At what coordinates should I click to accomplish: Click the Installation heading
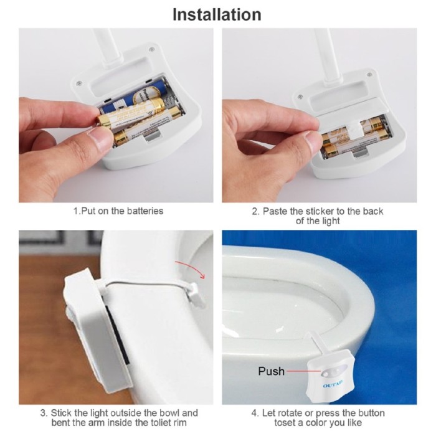click(217, 15)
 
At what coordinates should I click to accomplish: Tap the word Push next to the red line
click(271, 371)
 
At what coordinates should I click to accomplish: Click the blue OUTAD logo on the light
click(333, 384)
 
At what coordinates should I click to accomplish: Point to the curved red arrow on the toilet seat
click(190, 268)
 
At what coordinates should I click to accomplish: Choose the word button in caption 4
click(370, 413)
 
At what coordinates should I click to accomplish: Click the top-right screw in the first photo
click(151, 49)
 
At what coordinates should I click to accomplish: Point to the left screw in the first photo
click(79, 83)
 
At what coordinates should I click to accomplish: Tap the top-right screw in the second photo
click(369, 75)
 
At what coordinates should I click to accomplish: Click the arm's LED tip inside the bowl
click(196, 296)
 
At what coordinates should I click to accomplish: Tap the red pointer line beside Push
click(304, 371)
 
